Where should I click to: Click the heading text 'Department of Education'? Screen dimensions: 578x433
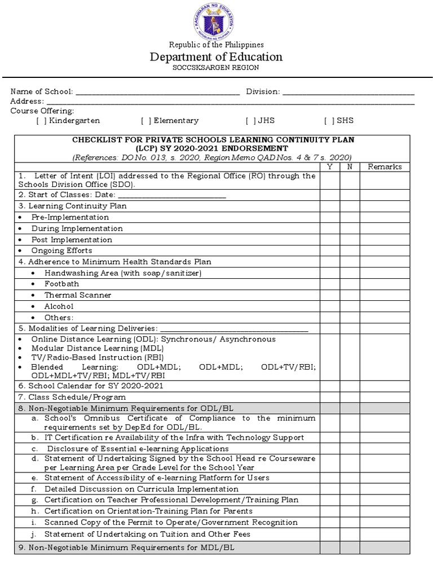216,57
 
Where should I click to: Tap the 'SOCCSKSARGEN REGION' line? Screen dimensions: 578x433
216,68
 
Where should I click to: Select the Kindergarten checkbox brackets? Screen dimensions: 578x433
41,121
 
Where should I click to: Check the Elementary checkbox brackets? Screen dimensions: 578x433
146,121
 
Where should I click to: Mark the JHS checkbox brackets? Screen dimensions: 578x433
250,121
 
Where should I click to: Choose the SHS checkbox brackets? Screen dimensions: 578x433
329,121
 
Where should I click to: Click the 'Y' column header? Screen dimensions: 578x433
330,167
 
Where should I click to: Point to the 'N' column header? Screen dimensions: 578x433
350,167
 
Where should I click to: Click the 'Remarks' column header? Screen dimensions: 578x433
385,167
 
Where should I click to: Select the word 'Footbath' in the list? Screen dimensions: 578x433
62,284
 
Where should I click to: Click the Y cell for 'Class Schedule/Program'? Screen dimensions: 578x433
330,397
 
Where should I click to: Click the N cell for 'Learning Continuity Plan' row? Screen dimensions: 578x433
350,206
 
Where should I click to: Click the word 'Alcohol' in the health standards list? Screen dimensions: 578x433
59,306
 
